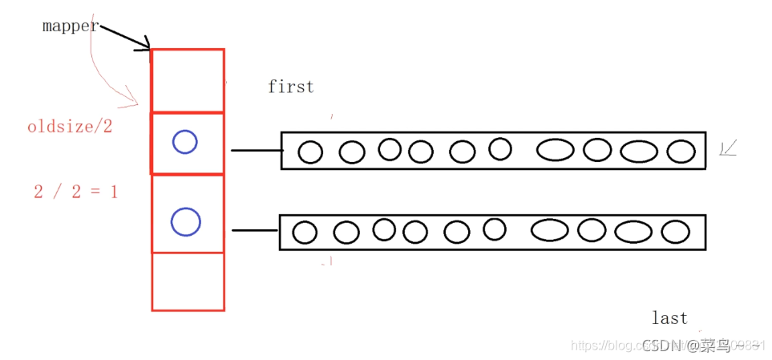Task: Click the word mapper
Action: click(71, 26)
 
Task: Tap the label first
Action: click(291, 87)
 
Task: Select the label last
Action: click(669, 318)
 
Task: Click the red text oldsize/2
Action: click(71, 127)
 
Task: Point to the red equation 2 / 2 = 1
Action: click(75, 192)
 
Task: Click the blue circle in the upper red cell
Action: click(185, 143)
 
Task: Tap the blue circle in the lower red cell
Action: click(186, 221)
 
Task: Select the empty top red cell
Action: click(188, 80)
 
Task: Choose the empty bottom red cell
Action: click(188, 281)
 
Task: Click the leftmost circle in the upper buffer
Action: click(310, 152)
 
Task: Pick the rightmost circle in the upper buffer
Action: click(681, 151)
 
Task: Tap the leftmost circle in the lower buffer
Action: click(305, 233)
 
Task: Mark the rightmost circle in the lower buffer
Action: click(676, 232)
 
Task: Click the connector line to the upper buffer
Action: click(256, 150)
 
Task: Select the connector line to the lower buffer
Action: click(255, 230)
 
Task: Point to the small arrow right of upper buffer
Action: click(729, 148)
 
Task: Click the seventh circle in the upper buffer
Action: click(556, 150)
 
